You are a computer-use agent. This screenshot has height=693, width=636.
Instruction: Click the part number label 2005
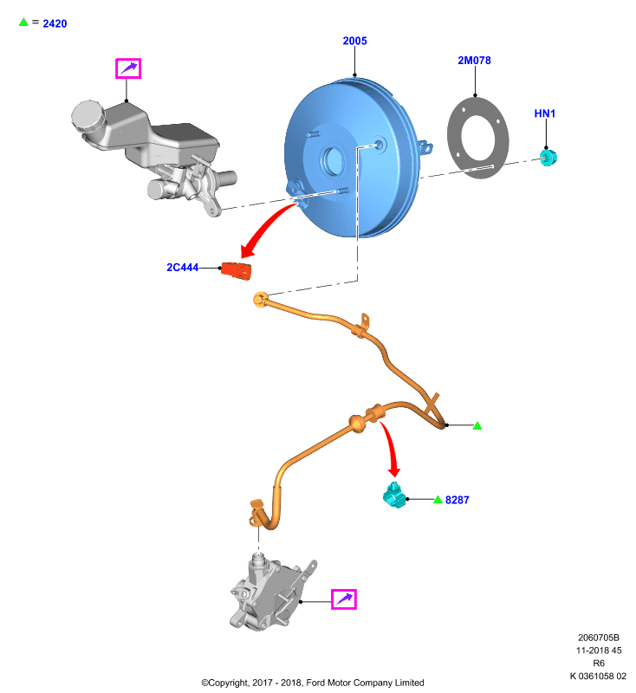(354, 41)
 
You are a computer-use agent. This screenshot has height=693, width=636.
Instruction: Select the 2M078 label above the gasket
(474, 60)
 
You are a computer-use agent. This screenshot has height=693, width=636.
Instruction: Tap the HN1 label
(544, 113)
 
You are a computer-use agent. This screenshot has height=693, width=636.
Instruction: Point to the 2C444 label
(182, 268)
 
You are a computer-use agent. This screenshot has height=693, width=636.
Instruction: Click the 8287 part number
(457, 500)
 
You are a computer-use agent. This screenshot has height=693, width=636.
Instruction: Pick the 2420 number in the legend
(55, 23)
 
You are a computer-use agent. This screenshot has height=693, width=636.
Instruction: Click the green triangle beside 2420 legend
(23, 22)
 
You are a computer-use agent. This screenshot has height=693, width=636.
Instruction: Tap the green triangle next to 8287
(438, 500)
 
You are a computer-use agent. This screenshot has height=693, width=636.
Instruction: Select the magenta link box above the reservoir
(128, 68)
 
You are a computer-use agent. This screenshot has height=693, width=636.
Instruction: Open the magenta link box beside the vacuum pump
(344, 599)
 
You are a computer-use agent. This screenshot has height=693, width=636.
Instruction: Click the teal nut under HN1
(548, 158)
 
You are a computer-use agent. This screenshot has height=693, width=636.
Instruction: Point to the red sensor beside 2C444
(236, 270)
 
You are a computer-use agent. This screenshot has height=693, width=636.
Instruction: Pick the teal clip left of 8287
(394, 495)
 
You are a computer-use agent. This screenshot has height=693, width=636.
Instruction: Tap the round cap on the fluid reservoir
(88, 116)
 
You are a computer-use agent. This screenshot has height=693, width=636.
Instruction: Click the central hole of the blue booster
(334, 159)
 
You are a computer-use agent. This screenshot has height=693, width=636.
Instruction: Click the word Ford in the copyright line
(315, 683)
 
